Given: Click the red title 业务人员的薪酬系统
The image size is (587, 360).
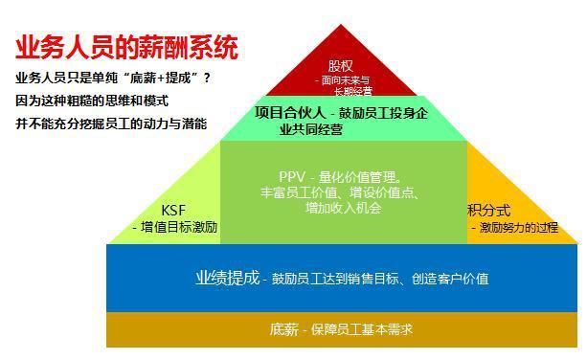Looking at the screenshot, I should pyautogui.click(x=125, y=48).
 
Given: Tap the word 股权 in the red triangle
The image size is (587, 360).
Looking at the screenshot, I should pyautogui.click(x=340, y=65).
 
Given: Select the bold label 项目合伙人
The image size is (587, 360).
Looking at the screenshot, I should pyautogui.click(x=287, y=111).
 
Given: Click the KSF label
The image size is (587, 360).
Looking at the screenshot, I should pyautogui.click(x=173, y=211).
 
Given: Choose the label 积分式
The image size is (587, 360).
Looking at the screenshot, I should pyautogui.click(x=488, y=211).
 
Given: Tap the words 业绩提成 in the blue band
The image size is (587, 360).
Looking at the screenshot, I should pyautogui.click(x=227, y=278).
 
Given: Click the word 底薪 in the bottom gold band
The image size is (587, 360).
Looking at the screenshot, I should pyautogui.click(x=283, y=329).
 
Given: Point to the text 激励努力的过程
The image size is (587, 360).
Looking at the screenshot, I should pyautogui.click(x=518, y=228).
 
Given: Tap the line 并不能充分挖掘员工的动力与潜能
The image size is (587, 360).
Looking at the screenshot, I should pyautogui.click(x=110, y=124).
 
